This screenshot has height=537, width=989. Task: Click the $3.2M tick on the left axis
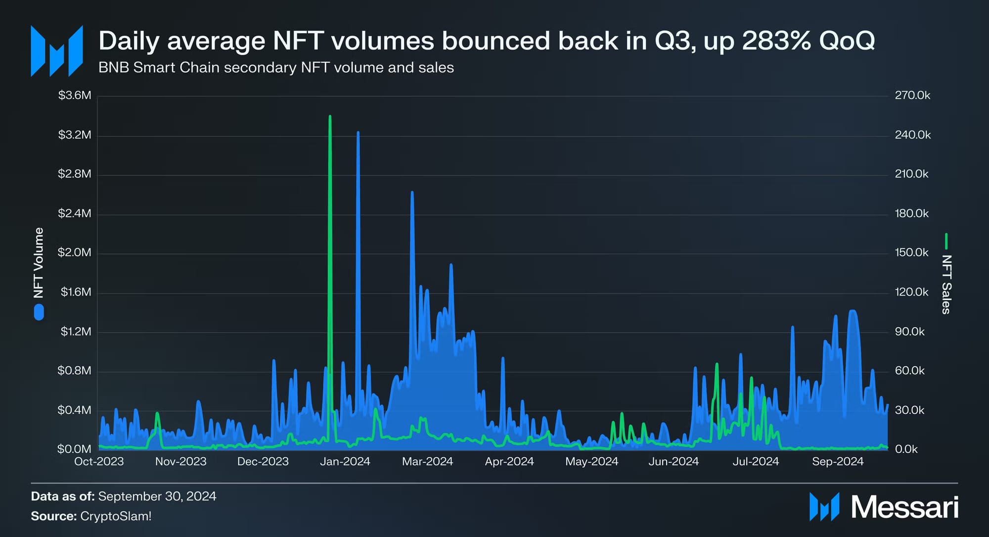pyautogui.click(x=75, y=135)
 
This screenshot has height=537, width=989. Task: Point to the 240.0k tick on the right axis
pyautogui.click(x=912, y=135)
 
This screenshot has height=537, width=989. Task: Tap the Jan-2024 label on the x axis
pyautogui.click(x=345, y=461)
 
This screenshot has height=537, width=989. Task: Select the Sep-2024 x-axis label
pyautogui.click(x=837, y=461)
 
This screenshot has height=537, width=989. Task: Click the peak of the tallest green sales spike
pyautogui.click(x=330, y=117)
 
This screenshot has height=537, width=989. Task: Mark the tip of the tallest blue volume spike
pyautogui.click(x=358, y=133)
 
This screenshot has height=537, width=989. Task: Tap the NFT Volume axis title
pyautogui.click(x=39, y=263)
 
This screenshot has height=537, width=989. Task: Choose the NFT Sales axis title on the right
pyautogui.click(x=946, y=284)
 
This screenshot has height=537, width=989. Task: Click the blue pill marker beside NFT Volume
pyautogui.click(x=39, y=312)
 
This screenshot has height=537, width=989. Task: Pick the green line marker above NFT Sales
pyautogui.click(x=946, y=241)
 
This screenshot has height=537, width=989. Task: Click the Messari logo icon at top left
pyautogui.click(x=56, y=51)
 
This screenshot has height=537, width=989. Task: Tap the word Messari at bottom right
pyautogui.click(x=904, y=507)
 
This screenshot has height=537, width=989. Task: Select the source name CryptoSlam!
pyautogui.click(x=116, y=516)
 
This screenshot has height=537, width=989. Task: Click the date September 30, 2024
pyautogui.click(x=157, y=496)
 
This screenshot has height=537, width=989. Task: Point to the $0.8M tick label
pyautogui.click(x=75, y=370)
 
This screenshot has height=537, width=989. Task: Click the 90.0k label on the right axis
pyautogui.click(x=909, y=331)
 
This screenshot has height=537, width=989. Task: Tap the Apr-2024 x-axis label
pyautogui.click(x=509, y=461)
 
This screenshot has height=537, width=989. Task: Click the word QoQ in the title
pyautogui.click(x=847, y=41)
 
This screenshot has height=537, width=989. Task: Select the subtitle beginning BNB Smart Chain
pyautogui.click(x=276, y=67)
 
